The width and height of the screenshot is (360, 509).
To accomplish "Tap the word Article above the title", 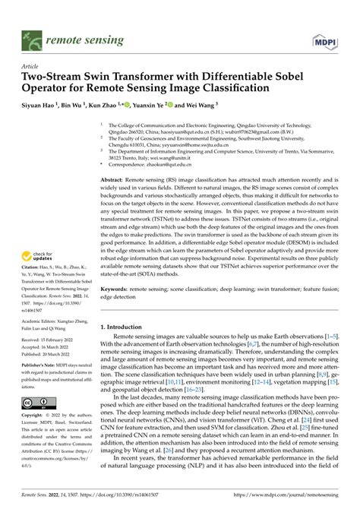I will [x=31, y=66].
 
